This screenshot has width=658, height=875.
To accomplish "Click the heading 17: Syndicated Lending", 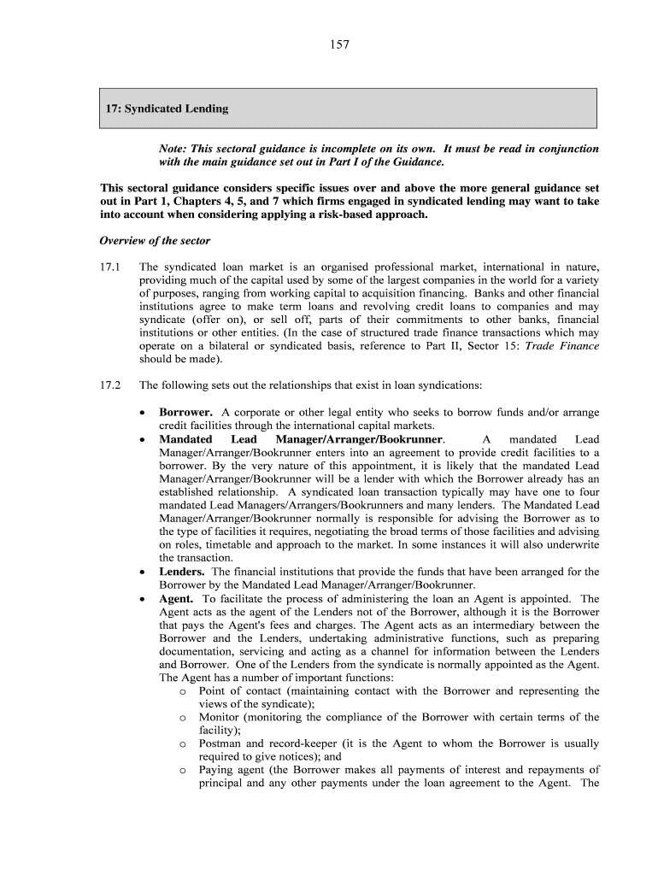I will tap(167, 109).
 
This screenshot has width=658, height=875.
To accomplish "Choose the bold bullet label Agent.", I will tap(176, 598).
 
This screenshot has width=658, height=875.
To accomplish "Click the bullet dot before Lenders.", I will tap(144, 572).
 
